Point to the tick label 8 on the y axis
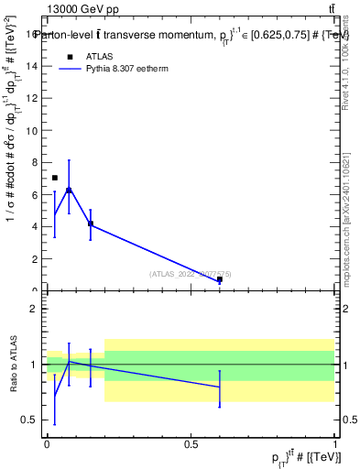point(34,163)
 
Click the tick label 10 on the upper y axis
point(32,131)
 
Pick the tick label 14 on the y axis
point(32,67)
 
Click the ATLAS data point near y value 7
point(55,178)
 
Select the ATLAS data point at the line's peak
point(69,190)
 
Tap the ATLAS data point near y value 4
point(91,224)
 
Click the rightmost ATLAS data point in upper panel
point(220,279)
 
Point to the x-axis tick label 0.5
point(191,443)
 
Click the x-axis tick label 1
point(335,443)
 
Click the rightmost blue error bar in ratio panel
point(220,387)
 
